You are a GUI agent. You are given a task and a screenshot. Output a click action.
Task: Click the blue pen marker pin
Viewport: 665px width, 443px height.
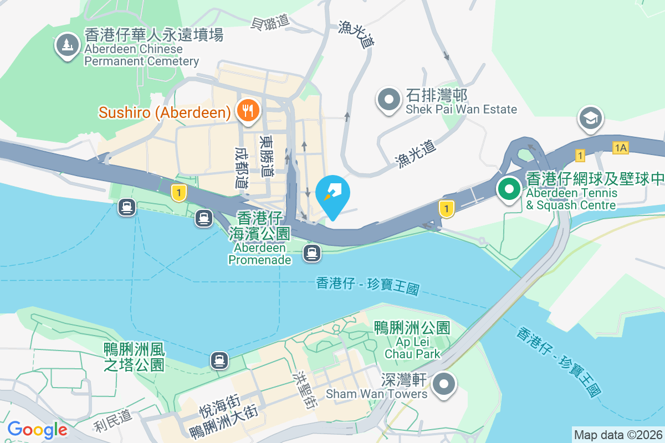click(x=332, y=195)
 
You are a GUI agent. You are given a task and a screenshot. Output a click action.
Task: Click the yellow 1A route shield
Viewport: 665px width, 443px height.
click(x=621, y=147)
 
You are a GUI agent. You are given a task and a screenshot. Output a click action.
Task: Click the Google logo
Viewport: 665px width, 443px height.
click(x=37, y=430)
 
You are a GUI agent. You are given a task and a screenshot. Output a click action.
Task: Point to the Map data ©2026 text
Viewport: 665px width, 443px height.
click(x=617, y=435)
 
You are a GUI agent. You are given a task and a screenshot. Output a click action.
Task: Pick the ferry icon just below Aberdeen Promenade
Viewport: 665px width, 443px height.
click(x=312, y=254)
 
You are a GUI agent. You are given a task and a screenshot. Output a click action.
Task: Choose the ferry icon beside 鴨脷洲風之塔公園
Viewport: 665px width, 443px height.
click(x=219, y=360)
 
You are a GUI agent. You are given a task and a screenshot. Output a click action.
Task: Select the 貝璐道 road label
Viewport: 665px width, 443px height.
click(x=270, y=22)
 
